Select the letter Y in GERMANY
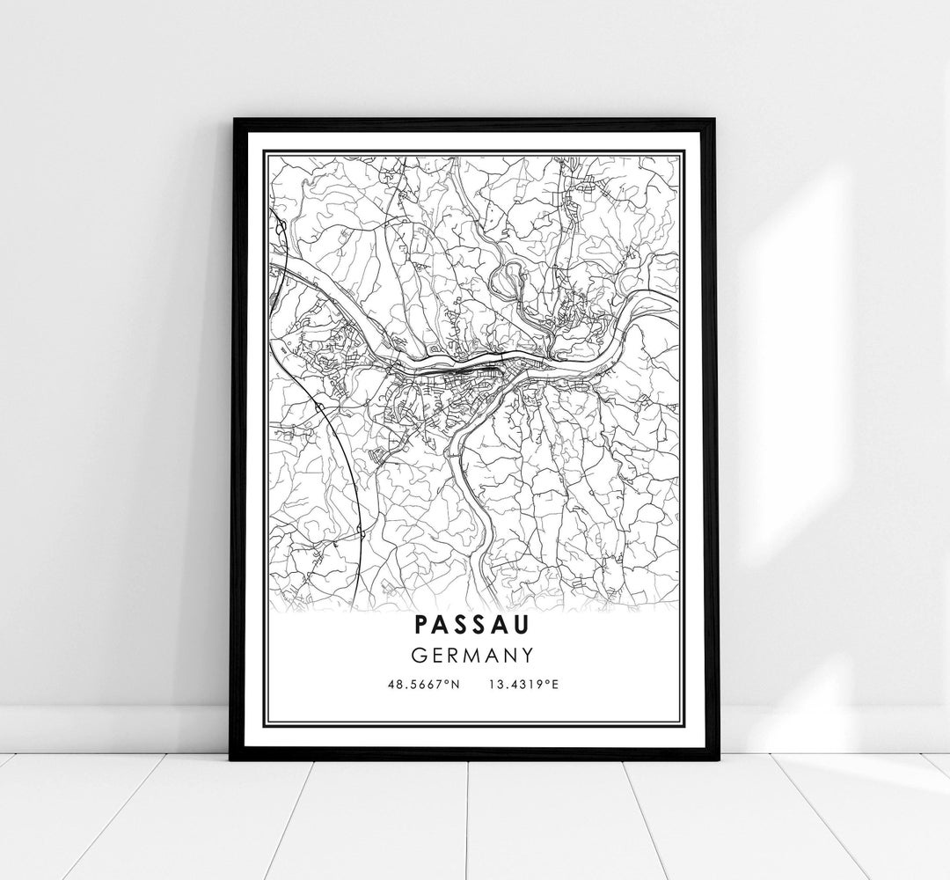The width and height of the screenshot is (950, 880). coord(528,655)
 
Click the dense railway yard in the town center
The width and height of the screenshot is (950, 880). coord(449,370)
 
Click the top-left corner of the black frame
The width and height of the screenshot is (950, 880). coord(232,120)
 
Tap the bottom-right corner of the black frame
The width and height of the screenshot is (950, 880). coord(717,759)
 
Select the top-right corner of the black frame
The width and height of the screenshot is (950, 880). coord(717,120)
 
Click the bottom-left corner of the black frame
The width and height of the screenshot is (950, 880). coord(232,759)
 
